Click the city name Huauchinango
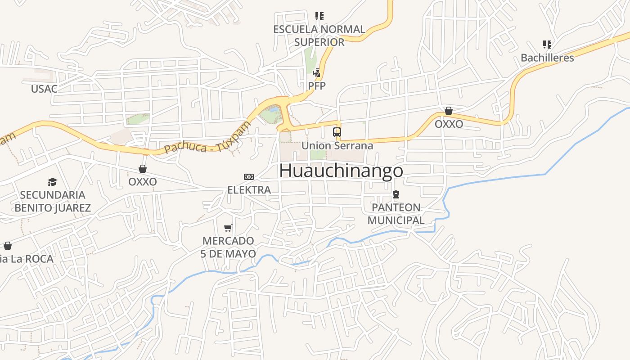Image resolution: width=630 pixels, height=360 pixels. coord(341,171)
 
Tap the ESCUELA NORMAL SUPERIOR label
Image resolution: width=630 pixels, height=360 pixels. coord(319,36)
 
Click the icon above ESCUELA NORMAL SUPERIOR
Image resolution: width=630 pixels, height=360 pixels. coord(319,17)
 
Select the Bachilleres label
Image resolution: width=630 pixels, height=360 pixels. coord(547,58)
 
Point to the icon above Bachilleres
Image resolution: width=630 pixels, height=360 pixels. coord(547,45)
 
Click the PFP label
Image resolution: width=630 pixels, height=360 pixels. coord(317,85)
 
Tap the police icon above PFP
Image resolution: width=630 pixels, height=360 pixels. coord(317,72)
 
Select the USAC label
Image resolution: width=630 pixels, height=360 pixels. coord(44,89)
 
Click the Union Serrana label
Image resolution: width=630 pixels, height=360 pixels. coord(337,146)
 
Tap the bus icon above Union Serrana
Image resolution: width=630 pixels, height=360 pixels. coord(337,132)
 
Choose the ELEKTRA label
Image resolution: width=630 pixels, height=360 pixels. coord(249,190)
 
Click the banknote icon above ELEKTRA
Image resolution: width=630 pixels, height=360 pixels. coord(249,177)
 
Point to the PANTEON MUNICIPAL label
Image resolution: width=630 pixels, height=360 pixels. coord(396,214)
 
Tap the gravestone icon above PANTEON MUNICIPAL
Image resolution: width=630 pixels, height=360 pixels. coord(396,194)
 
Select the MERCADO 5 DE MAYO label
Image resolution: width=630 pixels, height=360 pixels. coord(228,247)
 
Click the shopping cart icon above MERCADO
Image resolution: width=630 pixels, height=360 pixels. coord(228,228)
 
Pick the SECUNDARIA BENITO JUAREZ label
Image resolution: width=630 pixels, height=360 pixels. coord(53,201)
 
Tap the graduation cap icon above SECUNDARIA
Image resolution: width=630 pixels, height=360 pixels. coord(53,182)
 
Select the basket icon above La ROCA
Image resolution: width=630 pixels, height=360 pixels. coord(8,246)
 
